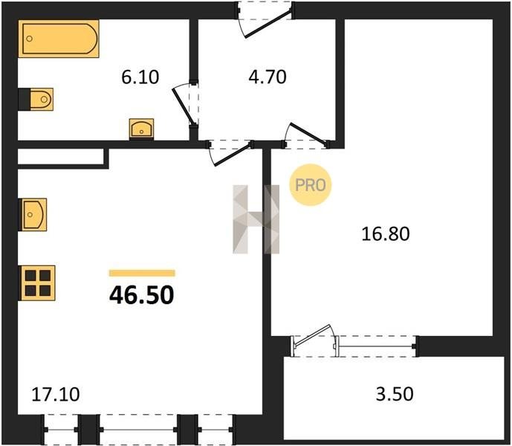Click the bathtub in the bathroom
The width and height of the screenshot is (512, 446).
pos(59,39)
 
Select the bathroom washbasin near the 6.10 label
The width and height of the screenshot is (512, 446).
pos(141,129)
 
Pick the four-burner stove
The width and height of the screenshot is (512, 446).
pos(37,283)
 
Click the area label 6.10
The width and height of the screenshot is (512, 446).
pos(140,78)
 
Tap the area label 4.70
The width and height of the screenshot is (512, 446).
pos(268,77)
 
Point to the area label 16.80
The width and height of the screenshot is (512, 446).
pos(386,234)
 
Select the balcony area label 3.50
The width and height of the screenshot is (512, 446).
pos(395,394)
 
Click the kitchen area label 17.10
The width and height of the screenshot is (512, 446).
pos(56,395)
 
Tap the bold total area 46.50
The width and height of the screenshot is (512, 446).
pos(142,294)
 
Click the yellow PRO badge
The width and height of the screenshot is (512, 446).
pos(310,185)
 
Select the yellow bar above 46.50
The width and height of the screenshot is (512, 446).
pos(142,273)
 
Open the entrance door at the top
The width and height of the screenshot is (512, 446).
pos(265,19)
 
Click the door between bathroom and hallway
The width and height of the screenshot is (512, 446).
pos(185,104)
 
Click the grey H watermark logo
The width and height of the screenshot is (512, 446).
pos(256,219)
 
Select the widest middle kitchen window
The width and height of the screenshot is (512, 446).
pos(139,430)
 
